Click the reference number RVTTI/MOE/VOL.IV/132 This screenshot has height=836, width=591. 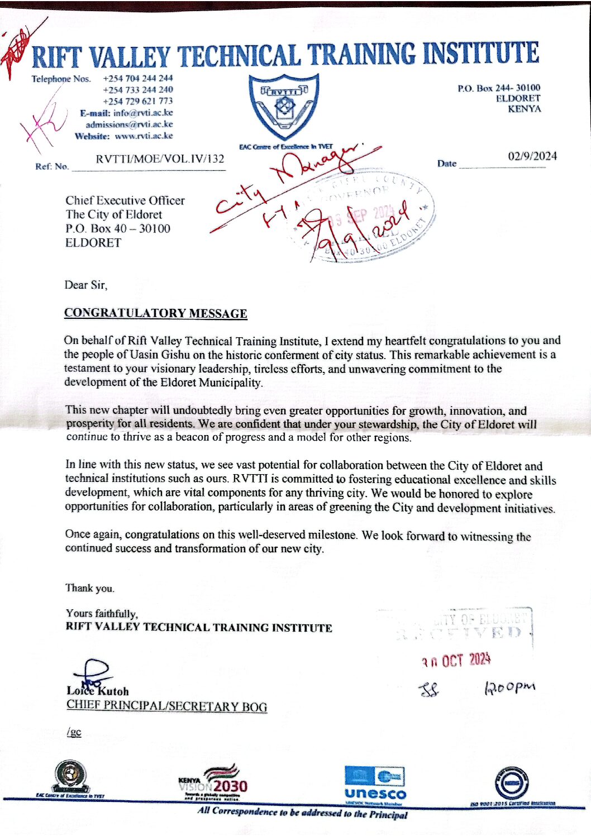pyautogui.click(x=160, y=159)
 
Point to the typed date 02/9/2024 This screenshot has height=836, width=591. pyautogui.click(x=532, y=156)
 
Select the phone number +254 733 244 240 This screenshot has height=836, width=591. pyautogui.click(x=137, y=89)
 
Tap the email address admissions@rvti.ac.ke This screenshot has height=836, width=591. pyautogui.click(x=129, y=125)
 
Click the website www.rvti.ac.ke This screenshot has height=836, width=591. pyautogui.click(x=144, y=136)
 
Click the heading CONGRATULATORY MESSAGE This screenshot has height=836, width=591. pyautogui.click(x=155, y=313)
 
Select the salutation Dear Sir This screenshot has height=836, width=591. pyautogui.click(x=85, y=285)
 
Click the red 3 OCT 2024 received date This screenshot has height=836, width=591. pyautogui.click(x=456, y=661)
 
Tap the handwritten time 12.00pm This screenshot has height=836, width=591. pyautogui.click(x=509, y=687)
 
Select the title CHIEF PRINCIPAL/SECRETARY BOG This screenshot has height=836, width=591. pyautogui.click(x=166, y=706)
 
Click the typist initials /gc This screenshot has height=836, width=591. pyautogui.click(x=74, y=732)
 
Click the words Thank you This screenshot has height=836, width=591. pyautogui.click(x=89, y=588)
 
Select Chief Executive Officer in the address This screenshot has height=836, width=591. pyautogui.click(x=125, y=200)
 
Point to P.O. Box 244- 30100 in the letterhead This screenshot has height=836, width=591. pyautogui.click(x=499, y=88)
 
